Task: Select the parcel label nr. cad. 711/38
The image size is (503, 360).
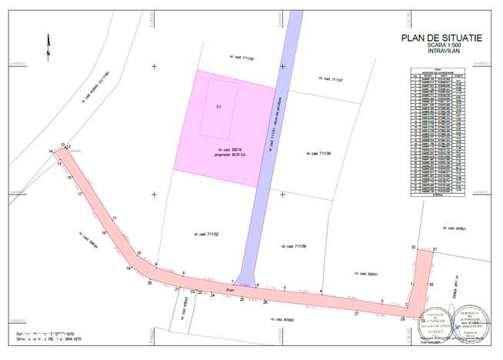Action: [x=317, y=153]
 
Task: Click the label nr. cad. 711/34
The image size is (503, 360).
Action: [x=242, y=57]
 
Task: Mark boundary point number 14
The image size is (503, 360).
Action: [x=51, y=152]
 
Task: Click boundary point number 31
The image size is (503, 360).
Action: [x=435, y=249]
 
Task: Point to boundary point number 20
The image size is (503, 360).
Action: [x=150, y=282]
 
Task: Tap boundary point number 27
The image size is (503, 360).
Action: [x=356, y=314]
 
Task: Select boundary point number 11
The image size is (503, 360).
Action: [x=114, y=219]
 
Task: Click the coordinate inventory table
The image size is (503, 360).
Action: [x=440, y=132]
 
